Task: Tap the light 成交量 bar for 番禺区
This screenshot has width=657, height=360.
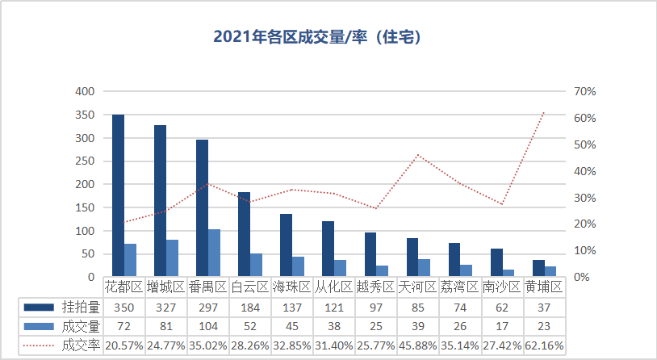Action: click(214, 253)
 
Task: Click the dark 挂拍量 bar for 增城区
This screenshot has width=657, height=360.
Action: click(160, 201)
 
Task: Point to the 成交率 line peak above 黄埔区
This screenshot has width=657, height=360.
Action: click(544, 112)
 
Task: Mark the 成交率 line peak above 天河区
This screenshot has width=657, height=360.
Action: click(418, 155)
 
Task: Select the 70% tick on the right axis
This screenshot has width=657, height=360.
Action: click(584, 91)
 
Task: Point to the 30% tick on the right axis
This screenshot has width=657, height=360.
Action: click(584, 198)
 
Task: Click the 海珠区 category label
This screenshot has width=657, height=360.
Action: click(291, 287)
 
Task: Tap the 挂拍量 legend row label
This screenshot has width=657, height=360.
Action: click(81, 307)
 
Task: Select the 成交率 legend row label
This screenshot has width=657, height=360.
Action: click(81, 345)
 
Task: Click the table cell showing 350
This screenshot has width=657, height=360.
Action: click(123, 307)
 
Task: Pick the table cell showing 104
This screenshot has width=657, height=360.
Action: click(207, 326)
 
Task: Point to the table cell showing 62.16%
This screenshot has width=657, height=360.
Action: click(544, 345)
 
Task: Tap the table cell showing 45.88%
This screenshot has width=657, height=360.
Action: click(418, 345)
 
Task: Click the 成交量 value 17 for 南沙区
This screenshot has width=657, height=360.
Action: click(502, 326)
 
